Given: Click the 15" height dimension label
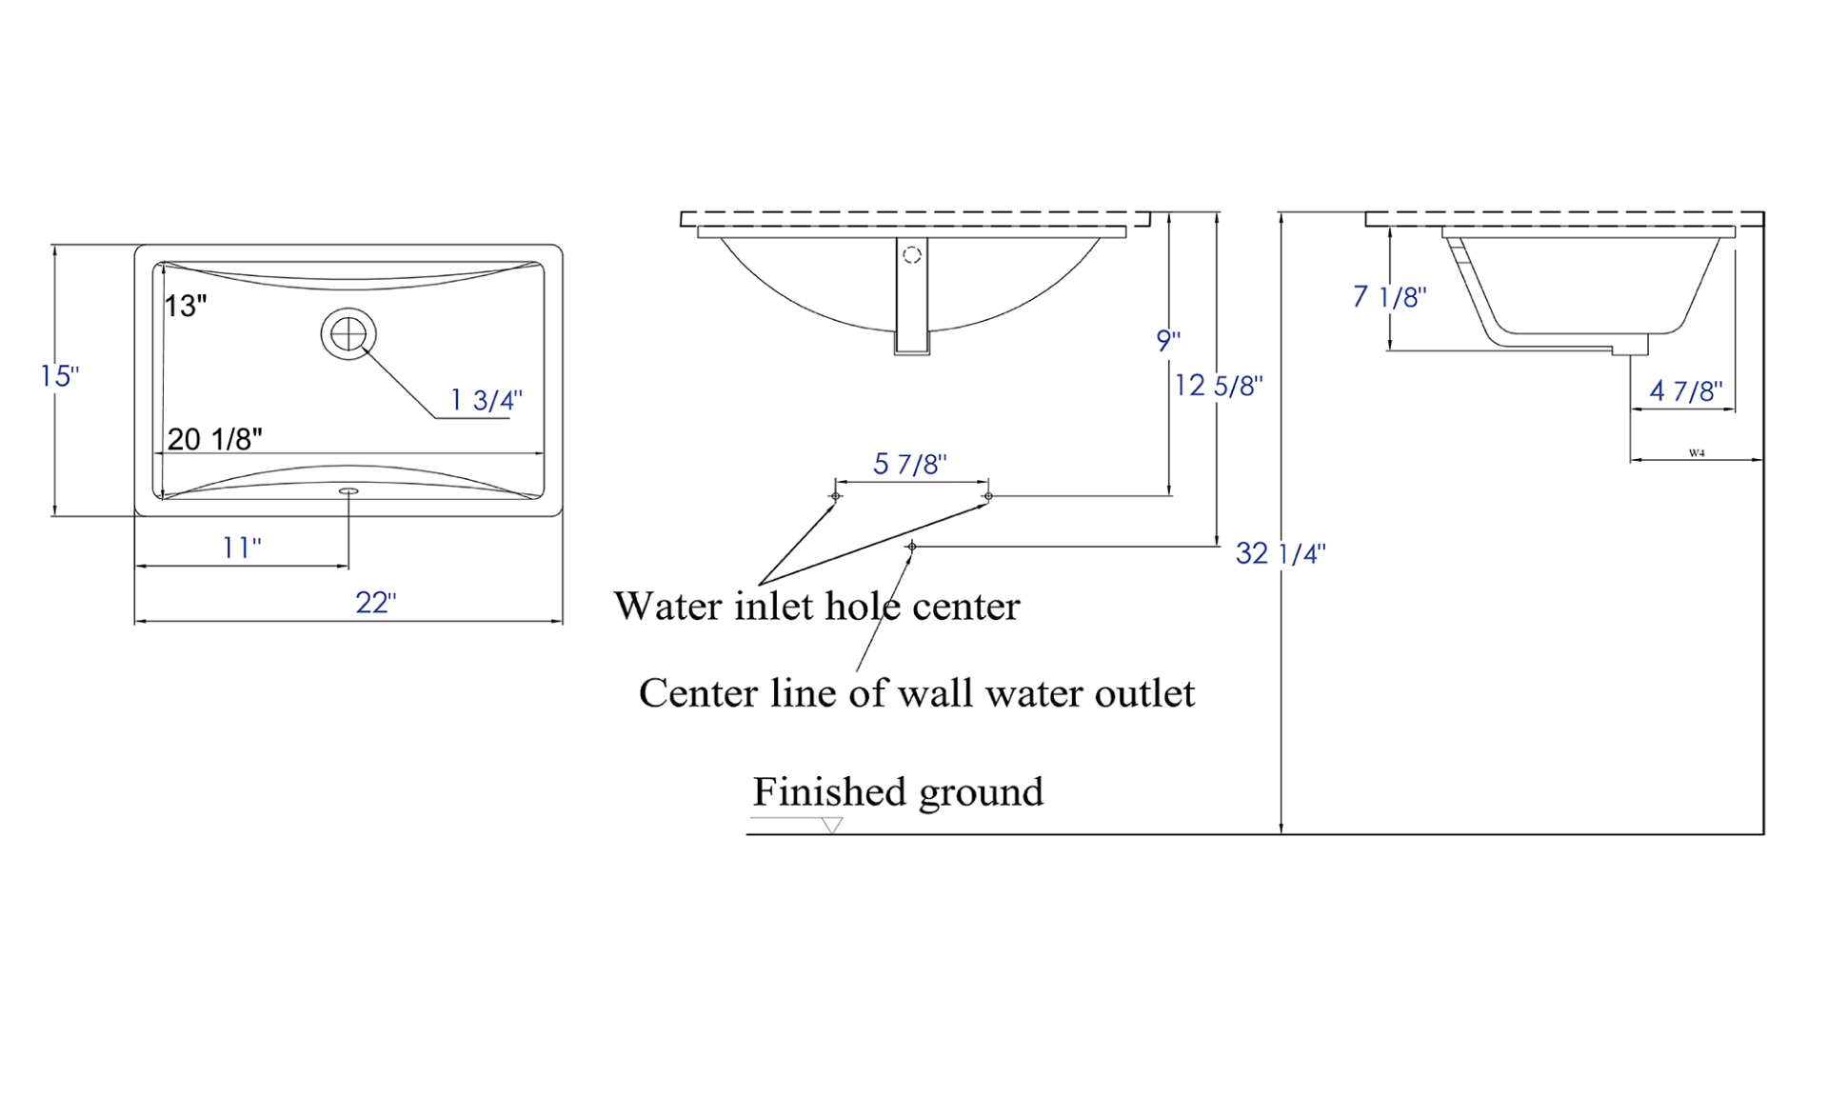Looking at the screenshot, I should point(59,376).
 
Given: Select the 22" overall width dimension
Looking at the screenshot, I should point(376,603).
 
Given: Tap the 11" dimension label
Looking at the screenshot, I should point(242,548).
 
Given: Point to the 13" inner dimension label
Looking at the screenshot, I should point(186,306).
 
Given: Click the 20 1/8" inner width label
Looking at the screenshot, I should point(215,439).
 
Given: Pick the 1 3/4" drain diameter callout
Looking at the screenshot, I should point(487,400).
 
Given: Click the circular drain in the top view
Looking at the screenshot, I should point(348,334).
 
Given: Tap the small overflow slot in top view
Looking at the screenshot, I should point(348,491).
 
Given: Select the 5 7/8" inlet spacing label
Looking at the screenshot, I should point(910,465).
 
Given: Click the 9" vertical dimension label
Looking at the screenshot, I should point(1168,340).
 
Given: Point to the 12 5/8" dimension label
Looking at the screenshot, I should point(1219,386).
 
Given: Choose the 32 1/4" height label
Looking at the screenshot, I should point(1280,553).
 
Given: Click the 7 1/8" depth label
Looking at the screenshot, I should point(1389,297).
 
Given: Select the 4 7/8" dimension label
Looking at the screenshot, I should point(1686,391).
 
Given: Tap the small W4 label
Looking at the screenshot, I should point(1697,453).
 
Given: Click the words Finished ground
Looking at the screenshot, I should point(898,792).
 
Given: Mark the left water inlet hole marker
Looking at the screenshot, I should point(836,496).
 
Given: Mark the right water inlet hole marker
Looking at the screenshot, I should point(988,496).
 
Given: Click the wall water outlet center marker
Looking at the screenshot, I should point(912,547).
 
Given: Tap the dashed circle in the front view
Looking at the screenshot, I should point(912,255).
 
